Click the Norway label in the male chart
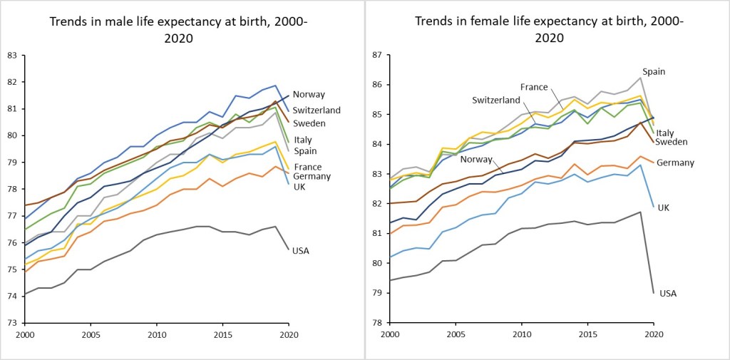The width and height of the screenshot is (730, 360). coord(309,94)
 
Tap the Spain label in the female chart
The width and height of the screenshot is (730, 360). coord(654,72)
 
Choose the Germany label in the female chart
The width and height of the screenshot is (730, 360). coord(675,163)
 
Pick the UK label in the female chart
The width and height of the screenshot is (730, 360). coord(662,207)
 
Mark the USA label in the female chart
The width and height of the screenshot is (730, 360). coord(668,293)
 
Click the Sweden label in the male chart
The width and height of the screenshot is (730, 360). coord(308,123)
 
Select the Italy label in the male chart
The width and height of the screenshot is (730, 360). coord(303,140)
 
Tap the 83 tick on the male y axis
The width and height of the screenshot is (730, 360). coord(11,55)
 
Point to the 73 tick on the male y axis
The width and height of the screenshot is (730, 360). coord(11,323)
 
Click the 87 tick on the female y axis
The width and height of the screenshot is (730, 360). coord(377,55)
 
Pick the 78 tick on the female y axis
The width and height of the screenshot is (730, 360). coord(377,323)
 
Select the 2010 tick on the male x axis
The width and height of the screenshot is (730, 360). coord(157,334)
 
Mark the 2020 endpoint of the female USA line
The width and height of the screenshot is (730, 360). coord(654,292)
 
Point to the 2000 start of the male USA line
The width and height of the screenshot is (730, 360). coord(25,294)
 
